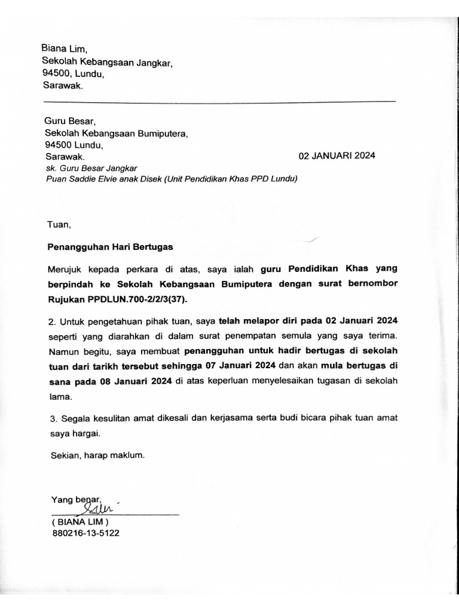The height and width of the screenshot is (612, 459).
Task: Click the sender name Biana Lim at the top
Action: (x=65, y=48)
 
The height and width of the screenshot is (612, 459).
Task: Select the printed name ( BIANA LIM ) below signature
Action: (x=80, y=521)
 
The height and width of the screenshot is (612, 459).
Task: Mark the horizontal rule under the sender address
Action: (x=219, y=101)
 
